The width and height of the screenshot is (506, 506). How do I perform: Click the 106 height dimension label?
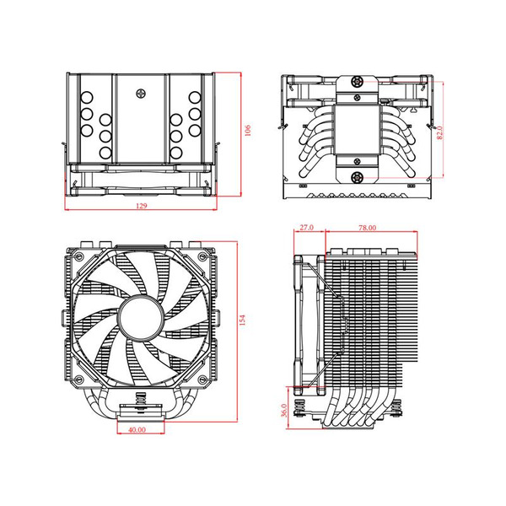coord(248,130)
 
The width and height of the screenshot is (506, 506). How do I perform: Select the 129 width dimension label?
coord(140,206)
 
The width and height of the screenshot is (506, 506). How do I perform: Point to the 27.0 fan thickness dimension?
coord(306,228)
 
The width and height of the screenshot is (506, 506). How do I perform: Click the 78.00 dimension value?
coord(366,228)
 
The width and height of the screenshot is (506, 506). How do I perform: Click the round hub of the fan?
coord(140,318)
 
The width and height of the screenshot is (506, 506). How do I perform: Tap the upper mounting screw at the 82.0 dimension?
coord(358,82)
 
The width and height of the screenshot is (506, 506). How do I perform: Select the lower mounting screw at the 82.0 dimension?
coord(358,178)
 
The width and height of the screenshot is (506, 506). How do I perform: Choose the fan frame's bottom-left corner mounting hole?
coord(79,379)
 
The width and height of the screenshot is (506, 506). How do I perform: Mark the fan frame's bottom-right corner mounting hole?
coord(201,379)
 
